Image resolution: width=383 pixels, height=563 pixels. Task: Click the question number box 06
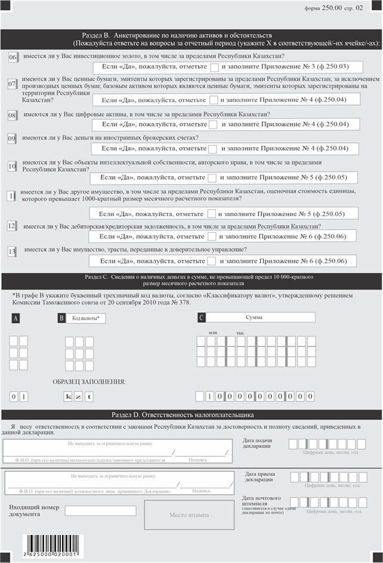click(13, 57)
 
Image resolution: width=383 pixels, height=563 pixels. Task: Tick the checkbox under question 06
click(215, 67)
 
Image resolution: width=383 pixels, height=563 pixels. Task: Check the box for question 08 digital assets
click(213, 125)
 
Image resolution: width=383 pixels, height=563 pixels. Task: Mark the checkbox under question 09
click(213, 148)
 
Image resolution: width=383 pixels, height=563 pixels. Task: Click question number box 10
click(12, 166)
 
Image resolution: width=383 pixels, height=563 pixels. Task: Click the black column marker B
click(61, 318)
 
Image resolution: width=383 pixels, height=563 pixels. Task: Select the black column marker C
click(202, 318)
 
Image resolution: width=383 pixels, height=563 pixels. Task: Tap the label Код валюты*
click(86, 319)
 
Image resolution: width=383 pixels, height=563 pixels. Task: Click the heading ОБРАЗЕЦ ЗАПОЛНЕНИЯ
click(89, 381)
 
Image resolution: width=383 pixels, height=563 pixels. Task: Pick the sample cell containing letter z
click(79, 396)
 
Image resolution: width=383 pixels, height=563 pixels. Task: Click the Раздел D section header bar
click(191, 415)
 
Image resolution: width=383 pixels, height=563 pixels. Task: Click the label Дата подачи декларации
click(257, 443)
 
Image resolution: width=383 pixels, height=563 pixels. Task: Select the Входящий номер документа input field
click(100, 511)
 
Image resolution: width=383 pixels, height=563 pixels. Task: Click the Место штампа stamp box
click(189, 515)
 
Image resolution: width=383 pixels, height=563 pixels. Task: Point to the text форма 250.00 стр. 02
click(333, 8)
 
